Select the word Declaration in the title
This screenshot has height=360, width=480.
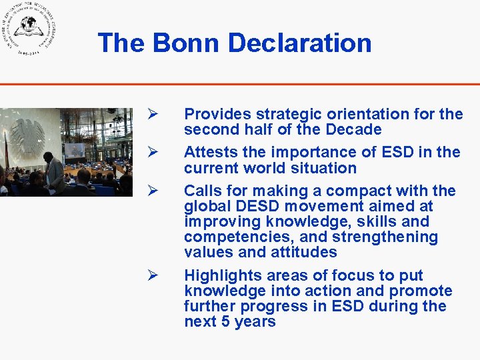[300, 43]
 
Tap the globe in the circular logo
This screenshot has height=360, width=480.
[28, 26]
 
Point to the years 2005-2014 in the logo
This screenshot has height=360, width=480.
[28, 50]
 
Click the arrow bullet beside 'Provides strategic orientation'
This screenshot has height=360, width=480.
[152, 114]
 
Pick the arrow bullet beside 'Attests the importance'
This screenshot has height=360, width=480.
[152, 153]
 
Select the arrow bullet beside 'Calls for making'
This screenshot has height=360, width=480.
[152, 191]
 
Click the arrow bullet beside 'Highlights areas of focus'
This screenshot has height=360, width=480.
[152, 275]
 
